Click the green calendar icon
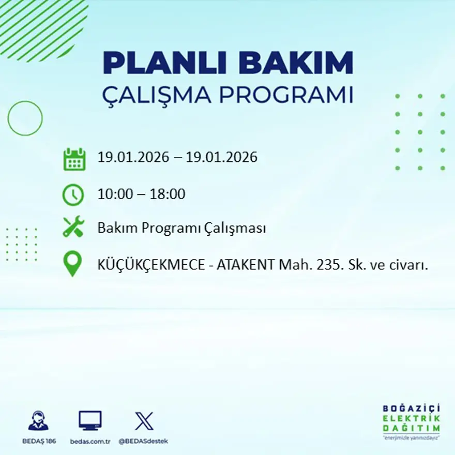(x=74, y=159)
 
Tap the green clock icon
(x=73, y=195)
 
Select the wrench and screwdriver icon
(x=73, y=227)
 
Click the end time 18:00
(x=168, y=194)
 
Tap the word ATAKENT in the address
(x=245, y=265)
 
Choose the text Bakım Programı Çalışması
(x=181, y=228)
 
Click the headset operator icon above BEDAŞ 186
(x=38, y=421)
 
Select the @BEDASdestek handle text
(x=143, y=441)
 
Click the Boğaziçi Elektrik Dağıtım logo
(x=411, y=421)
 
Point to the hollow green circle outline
(x=25, y=118)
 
